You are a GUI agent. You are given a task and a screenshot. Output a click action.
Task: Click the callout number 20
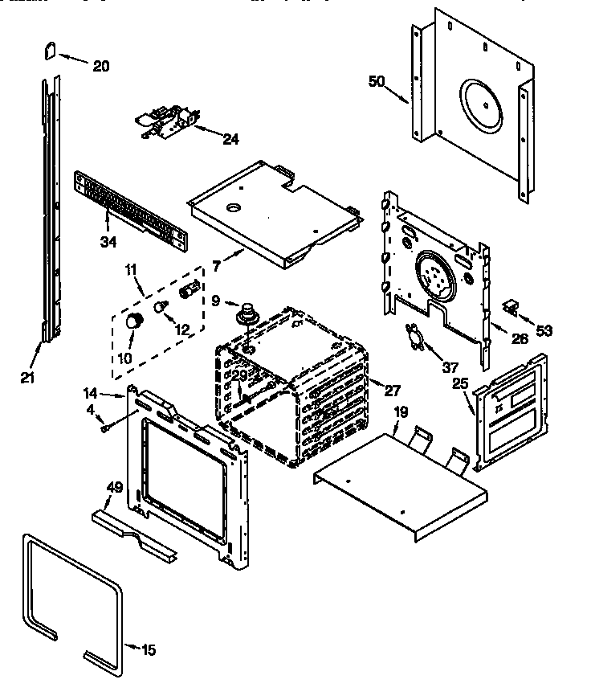coord(100,66)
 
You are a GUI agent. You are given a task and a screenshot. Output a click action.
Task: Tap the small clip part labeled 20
coord(48,51)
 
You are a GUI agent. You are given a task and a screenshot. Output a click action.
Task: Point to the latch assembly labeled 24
coord(166,123)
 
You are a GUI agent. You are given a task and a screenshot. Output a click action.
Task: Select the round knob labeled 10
coord(136,321)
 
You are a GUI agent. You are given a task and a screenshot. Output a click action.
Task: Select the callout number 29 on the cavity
coord(239,376)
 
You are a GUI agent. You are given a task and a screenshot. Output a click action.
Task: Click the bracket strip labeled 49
coord(132,531)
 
